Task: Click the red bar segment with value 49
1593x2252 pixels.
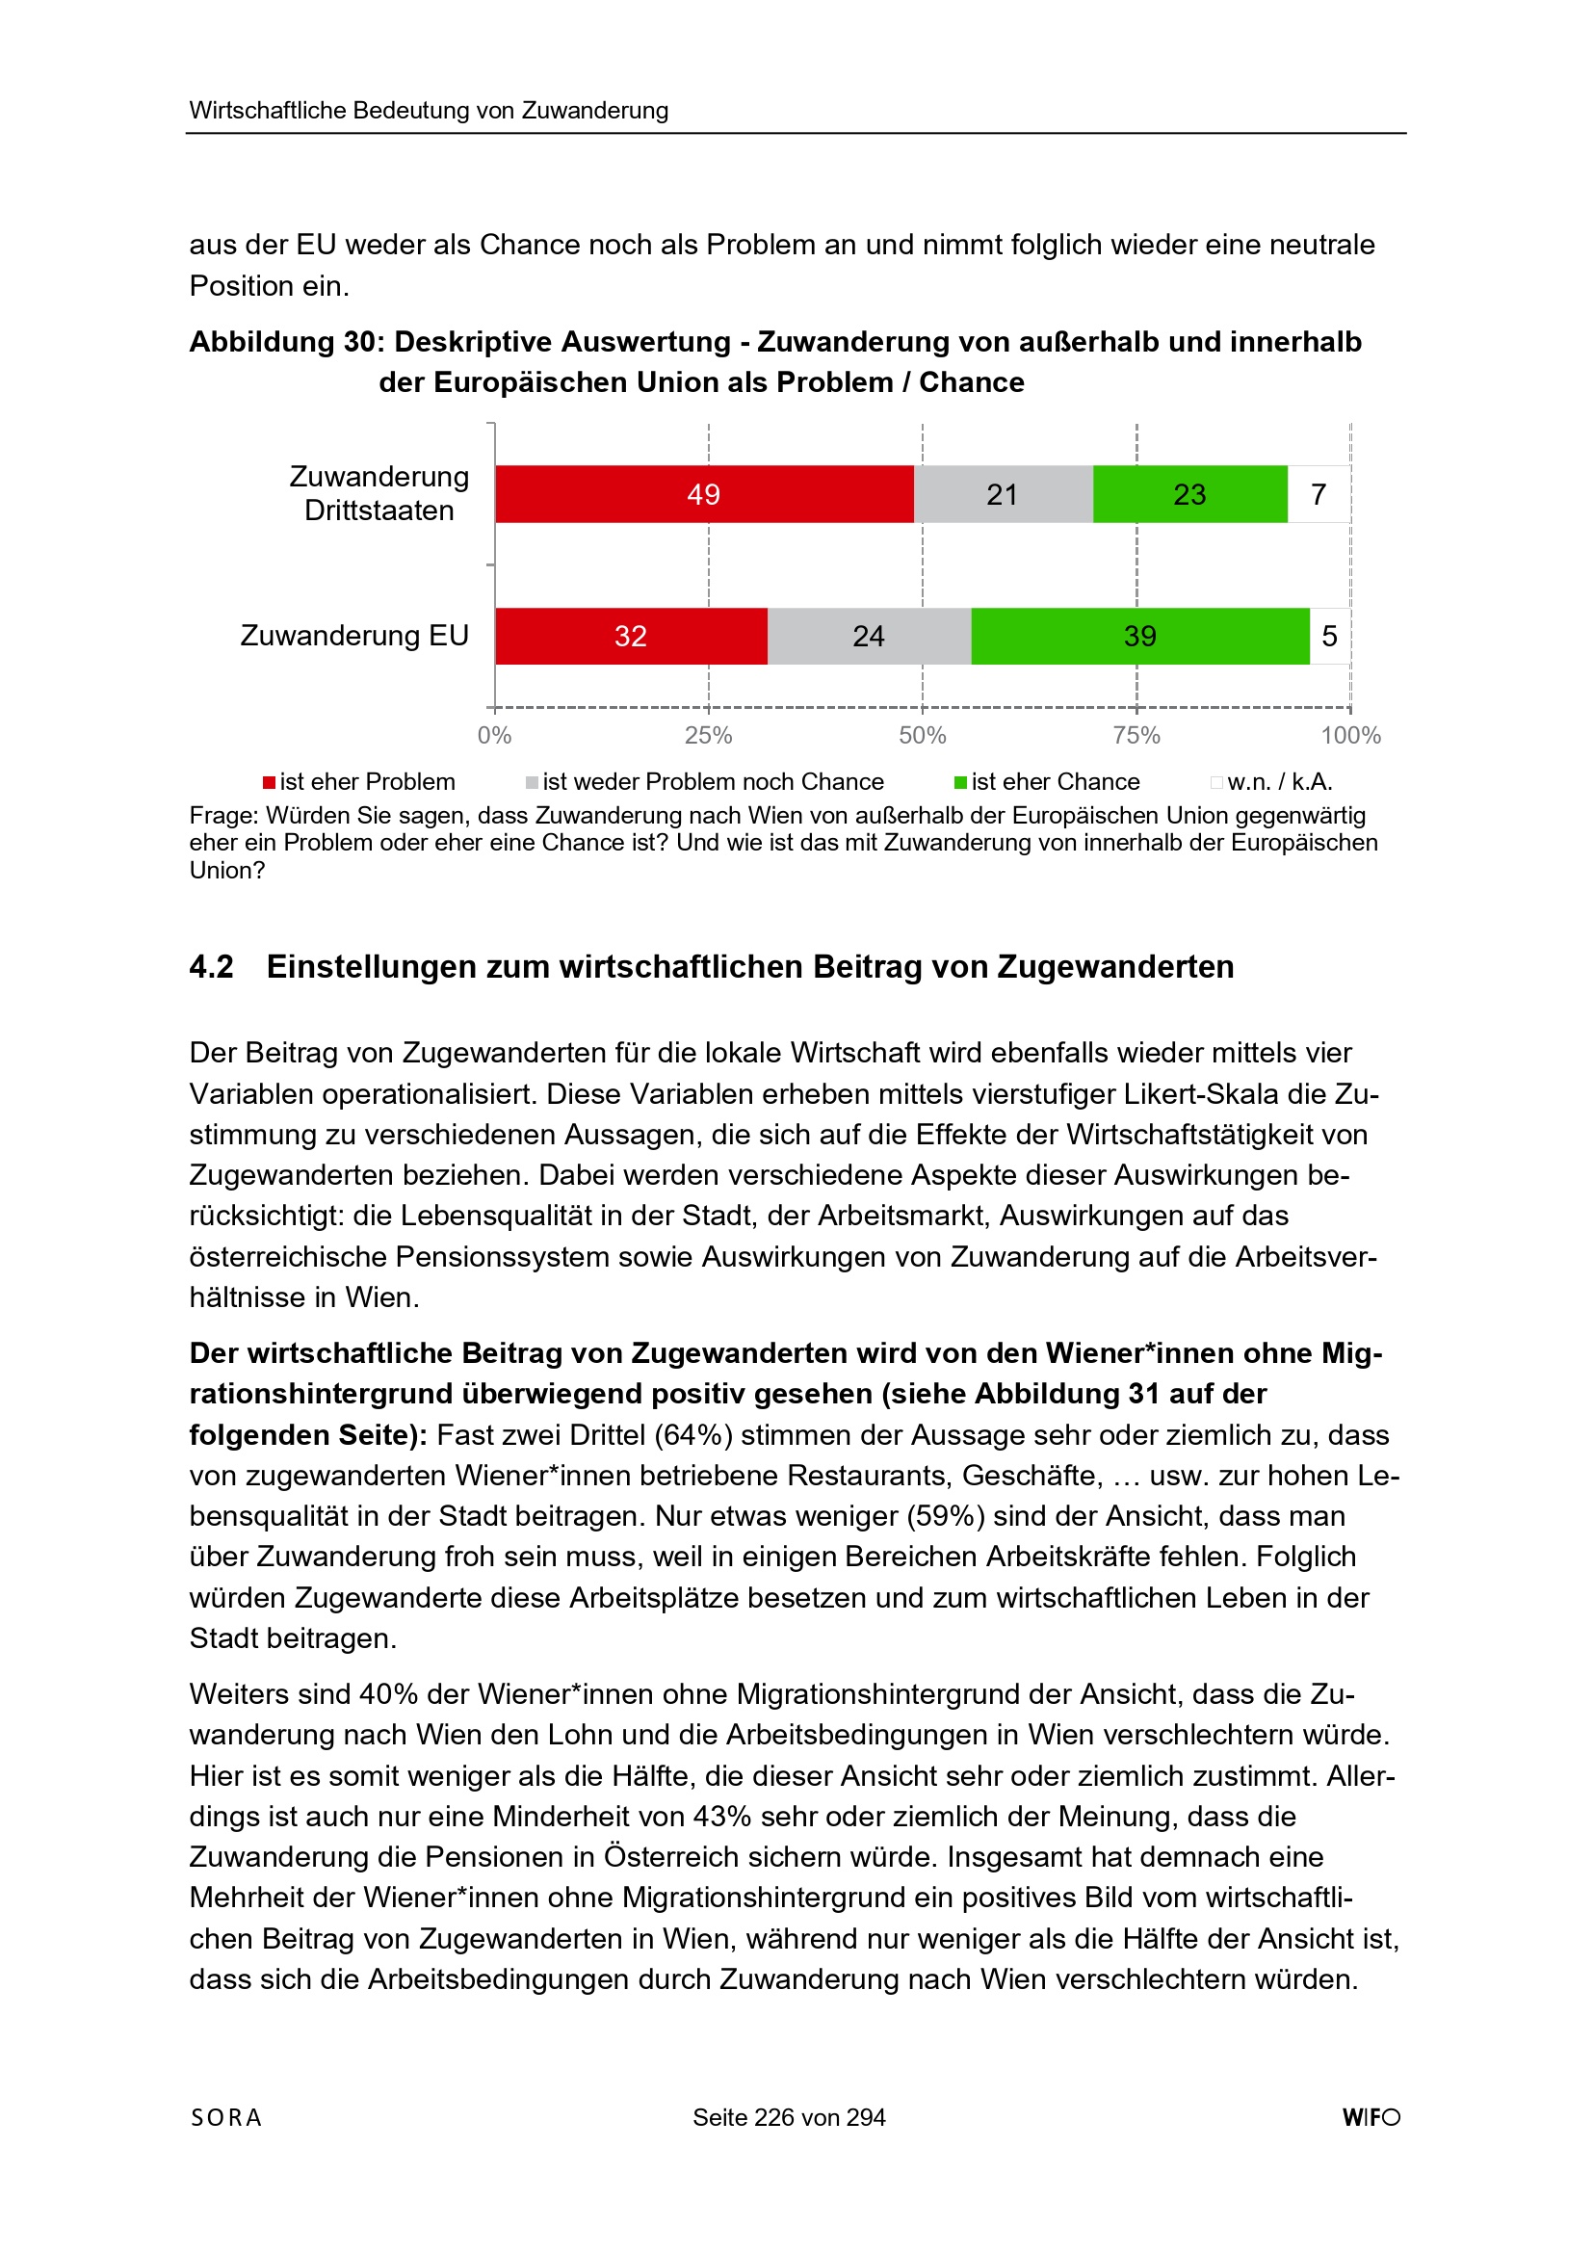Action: tap(703, 494)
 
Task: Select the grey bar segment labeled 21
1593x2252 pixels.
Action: tap(1003, 494)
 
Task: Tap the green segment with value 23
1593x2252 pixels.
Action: tap(1188, 494)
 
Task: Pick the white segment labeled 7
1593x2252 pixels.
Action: tap(1319, 494)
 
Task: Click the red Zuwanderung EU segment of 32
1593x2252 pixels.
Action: tap(631, 637)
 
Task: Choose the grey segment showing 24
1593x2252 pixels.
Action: tap(868, 637)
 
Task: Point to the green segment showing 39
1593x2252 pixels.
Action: tap(1139, 637)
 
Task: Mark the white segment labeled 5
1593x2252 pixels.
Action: tap(1329, 637)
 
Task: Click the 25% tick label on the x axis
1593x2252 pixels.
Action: tap(708, 736)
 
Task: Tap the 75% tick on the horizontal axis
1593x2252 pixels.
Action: tap(1136, 736)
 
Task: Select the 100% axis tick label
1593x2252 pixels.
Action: tap(1349, 736)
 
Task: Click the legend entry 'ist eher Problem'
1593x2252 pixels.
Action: tap(359, 782)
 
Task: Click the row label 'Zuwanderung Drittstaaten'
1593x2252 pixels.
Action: tap(379, 493)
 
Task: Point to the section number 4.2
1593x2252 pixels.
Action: tap(212, 967)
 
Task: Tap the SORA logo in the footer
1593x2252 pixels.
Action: tap(226, 2117)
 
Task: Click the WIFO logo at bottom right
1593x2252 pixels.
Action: tap(1371, 2117)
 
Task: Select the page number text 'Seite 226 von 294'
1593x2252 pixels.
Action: tap(789, 2117)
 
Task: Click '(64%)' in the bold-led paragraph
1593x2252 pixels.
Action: tap(693, 1435)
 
